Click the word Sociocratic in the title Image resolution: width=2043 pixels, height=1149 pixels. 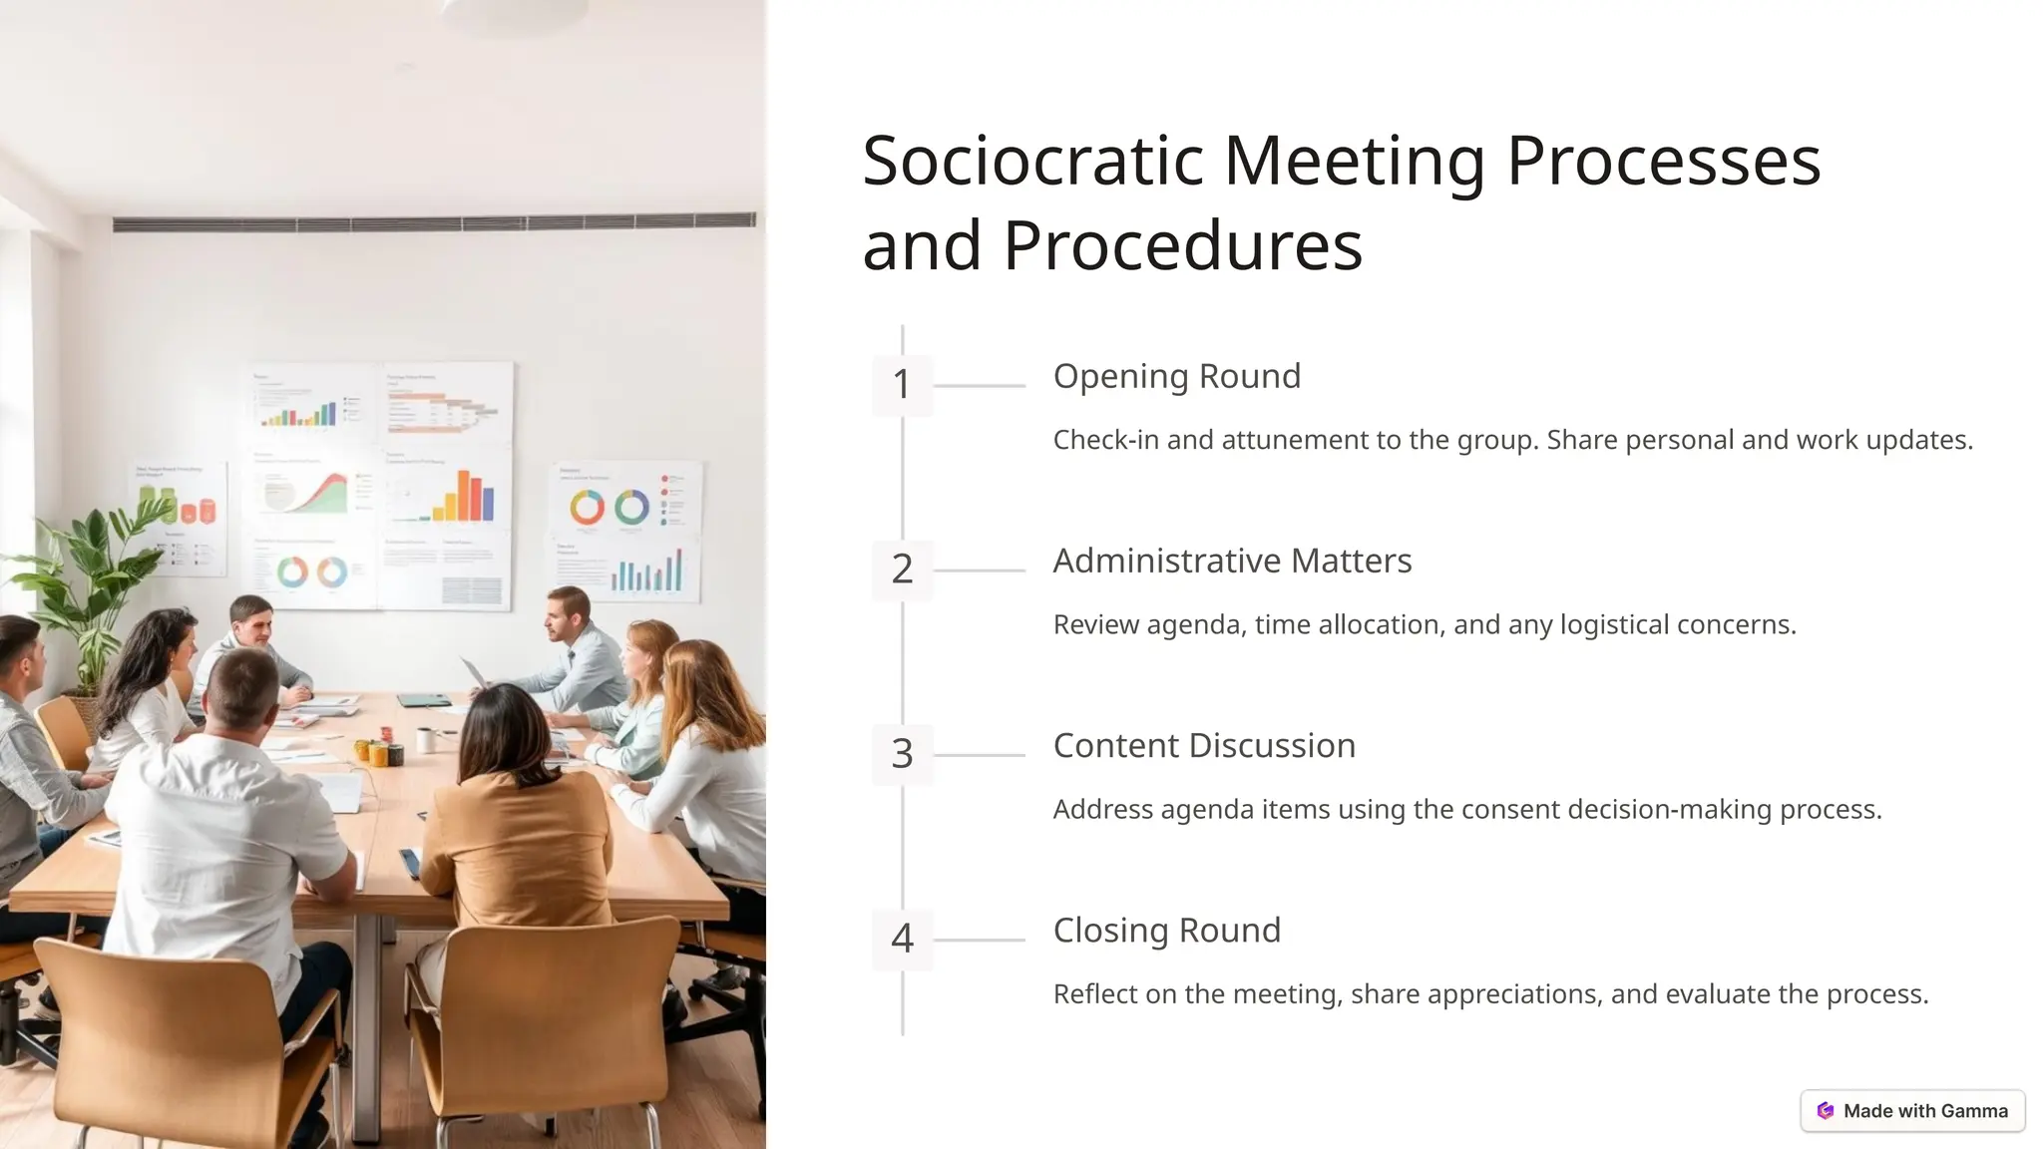click(1032, 161)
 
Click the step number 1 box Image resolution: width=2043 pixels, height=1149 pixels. click(902, 384)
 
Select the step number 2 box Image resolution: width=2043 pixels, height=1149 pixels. click(902, 570)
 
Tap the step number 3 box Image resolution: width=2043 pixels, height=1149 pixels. click(902, 754)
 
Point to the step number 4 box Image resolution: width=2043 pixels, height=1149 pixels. click(902, 939)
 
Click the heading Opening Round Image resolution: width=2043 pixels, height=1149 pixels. click(1176, 376)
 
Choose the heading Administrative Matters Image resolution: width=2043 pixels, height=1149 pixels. click(1232, 561)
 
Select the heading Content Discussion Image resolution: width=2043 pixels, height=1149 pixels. click(1204, 746)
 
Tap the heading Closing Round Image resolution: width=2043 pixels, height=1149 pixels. click(1166, 931)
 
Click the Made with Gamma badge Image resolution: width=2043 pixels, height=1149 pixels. click(1912, 1110)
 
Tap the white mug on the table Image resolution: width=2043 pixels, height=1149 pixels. click(426, 740)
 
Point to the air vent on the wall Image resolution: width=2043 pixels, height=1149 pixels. click(434, 222)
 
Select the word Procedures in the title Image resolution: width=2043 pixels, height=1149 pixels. click(1182, 245)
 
